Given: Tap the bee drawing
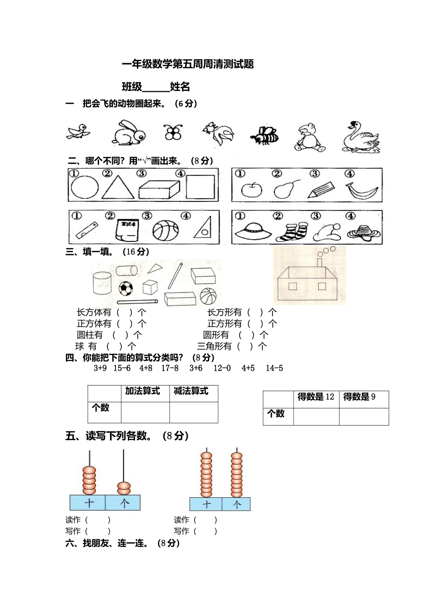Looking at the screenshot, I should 265,135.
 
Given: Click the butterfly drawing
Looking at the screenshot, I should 173,132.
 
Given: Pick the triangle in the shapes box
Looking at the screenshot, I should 118,187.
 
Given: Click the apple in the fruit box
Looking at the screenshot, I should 251,189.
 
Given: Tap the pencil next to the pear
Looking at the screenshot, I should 321,190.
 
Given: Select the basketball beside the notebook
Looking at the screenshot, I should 166,230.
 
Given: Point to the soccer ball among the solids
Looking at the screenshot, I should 126,288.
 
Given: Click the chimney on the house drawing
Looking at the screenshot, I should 320,263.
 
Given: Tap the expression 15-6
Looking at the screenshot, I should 122,368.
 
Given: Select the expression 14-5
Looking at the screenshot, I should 274,368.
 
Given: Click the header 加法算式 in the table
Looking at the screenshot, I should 142,391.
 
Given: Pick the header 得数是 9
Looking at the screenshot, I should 359,397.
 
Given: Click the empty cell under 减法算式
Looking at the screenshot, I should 194,412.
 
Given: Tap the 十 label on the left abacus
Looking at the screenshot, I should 89,503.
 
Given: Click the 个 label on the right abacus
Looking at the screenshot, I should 237,504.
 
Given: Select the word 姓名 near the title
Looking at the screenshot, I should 180,87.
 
